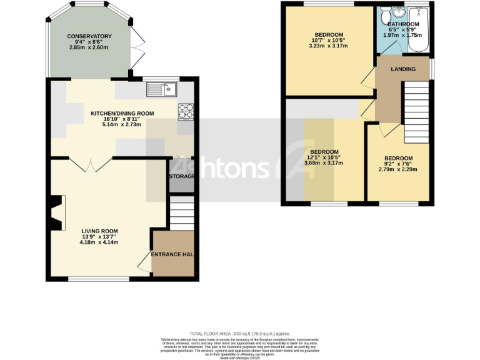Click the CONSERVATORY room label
click(x=90, y=37)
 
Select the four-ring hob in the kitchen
click(x=186, y=111)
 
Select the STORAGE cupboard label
click(x=181, y=177)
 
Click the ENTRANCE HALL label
click(x=172, y=254)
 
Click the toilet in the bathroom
click(x=384, y=14)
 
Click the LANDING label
click(x=403, y=69)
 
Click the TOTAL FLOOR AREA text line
click(x=239, y=334)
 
